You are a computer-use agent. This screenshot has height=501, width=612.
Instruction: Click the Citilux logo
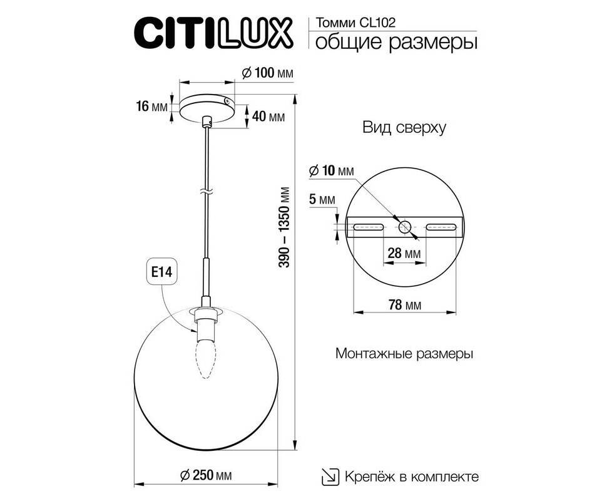click(x=213, y=33)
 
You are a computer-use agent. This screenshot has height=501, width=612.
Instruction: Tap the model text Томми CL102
click(x=355, y=23)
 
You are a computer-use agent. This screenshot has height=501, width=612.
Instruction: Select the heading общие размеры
click(x=395, y=41)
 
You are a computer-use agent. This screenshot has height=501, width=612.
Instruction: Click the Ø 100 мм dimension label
click(x=267, y=73)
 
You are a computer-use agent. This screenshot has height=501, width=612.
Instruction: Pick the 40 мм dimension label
click(x=268, y=116)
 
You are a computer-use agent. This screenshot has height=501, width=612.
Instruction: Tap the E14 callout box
click(x=161, y=271)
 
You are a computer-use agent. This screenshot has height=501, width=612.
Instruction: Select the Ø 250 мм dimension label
click(x=206, y=475)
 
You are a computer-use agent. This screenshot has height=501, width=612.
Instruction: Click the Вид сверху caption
click(x=404, y=127)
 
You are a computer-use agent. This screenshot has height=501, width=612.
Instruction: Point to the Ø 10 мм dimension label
click(x=331, y=170)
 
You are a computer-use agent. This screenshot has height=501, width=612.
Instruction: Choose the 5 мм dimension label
click(x=322, y=200)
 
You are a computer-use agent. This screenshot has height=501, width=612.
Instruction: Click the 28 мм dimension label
click(x=404, y=253)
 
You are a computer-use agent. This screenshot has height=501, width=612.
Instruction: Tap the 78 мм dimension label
click(x=405, y=304)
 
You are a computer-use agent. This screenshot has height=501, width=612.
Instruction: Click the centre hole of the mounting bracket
click(x=405, y=227)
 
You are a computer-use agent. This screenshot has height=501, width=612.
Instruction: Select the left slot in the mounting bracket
click(x=368, y=227)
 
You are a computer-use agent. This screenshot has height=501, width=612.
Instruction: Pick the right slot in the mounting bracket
click(x=441, y=227)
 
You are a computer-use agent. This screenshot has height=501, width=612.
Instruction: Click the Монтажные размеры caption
click(x=404, y=354)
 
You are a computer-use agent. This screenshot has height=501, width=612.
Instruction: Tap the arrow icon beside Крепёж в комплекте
click(x=330, y=477)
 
